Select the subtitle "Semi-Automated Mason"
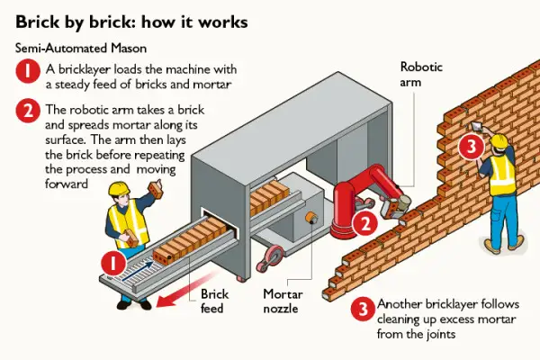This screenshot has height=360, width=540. (x=81, y=48)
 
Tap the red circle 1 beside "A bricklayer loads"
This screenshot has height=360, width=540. (x=28, y=71)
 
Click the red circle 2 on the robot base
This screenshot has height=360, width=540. (x=365, y=223)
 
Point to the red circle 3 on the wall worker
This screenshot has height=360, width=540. (x=472, y=147)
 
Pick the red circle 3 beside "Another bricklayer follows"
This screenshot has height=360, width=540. (x=364, y=309)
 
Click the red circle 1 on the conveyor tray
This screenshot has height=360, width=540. (x=113, y=264)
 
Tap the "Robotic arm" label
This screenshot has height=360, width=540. (x=421, y=74)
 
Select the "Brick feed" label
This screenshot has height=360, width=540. (x=214, y=301)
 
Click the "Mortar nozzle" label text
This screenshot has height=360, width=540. (x=283, y=301)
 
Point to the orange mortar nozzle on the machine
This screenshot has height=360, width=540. (x=311, y=218)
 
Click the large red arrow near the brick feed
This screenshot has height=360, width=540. (x=186, y=289)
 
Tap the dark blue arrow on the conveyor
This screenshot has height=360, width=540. (x=138, y=270)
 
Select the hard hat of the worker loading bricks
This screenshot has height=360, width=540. (x=119, y=188)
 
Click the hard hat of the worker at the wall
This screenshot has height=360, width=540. (x=499, y=140)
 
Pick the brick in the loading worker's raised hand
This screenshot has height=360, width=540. (x=155, y=190)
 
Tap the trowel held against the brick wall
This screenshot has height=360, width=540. (x=477, y=126)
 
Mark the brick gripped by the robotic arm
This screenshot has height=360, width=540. (x=392, y=208)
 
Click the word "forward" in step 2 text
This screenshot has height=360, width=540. (x=67, y=184)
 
